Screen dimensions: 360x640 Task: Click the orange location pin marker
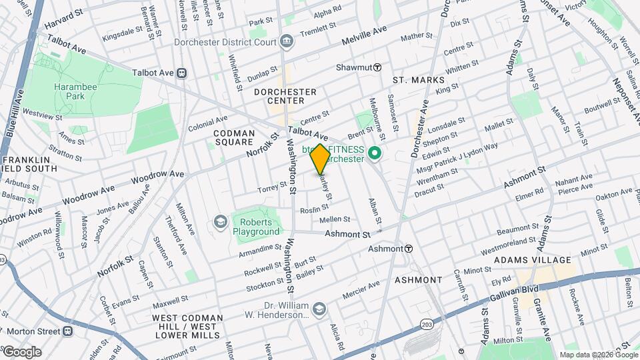[321, 159]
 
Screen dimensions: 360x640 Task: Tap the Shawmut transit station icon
[377, 67]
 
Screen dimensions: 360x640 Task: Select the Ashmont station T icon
[409, 249]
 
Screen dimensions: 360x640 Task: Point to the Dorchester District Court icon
[287, 42]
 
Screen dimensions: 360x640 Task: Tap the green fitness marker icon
[375, 154]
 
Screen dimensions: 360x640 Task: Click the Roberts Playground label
[256, 227]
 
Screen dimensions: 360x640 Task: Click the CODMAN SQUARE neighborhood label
[233, 137]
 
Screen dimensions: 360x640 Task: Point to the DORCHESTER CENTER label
[286, 96]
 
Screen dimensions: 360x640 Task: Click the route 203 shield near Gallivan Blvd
[426, 323]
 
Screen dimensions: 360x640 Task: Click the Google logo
[21, 351]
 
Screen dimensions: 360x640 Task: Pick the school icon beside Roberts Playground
[219, 221]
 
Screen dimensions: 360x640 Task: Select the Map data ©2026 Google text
[597, 355]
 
